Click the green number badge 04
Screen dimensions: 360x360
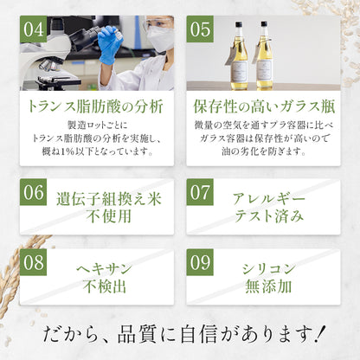[x=34, y=29]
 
